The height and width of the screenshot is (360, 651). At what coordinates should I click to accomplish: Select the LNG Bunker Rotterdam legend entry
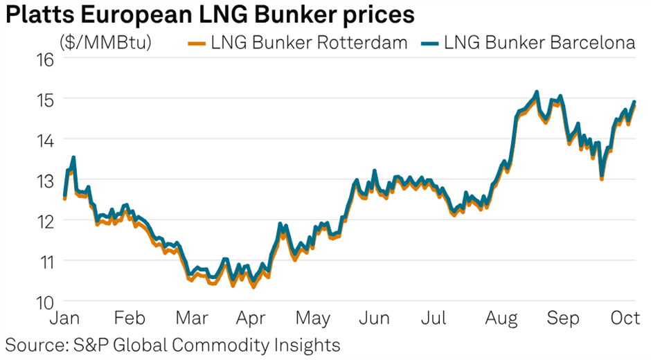pos(298,43)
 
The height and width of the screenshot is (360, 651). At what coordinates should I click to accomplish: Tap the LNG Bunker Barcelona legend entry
pos(530,43)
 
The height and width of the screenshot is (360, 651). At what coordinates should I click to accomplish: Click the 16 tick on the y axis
pos(44,59)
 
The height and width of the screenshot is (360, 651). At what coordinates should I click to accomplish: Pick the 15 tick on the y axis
pos(44,100)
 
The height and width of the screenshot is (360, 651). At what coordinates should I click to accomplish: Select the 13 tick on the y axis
pos(44,181)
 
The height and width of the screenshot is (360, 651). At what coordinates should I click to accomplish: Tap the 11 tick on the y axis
pos(44,262)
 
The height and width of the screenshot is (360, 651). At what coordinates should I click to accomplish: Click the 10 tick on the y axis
pos(44,302)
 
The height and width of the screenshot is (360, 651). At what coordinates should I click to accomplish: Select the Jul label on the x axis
pos(434,319)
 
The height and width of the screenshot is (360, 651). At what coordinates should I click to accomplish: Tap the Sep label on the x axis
pos(563,319)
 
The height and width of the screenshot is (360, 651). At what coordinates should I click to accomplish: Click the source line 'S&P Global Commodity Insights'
pos(173,344)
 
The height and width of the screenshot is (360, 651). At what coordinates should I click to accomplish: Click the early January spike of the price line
pos(73,159)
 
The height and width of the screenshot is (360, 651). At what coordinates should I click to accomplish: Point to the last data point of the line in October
pos(634,102)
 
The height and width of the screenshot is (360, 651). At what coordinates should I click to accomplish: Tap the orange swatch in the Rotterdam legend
pos(197,43)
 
